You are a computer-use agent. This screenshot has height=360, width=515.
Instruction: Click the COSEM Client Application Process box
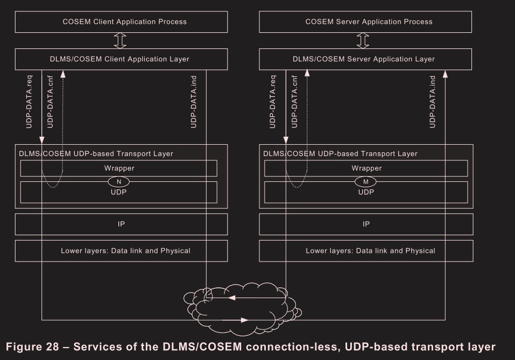121,22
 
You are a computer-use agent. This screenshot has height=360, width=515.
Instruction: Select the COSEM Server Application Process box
366,22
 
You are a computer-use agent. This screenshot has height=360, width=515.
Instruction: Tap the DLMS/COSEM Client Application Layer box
121,59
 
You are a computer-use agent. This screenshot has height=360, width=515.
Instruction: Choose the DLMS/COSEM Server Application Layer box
366,59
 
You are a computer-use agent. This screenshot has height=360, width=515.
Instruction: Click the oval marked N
119,182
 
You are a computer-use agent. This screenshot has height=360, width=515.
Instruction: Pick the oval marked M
365,182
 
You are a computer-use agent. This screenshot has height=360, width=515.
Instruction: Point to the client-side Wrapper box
119,168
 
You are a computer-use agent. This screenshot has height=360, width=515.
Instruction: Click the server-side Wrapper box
366,168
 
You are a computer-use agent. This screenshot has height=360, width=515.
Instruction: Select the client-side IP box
121,224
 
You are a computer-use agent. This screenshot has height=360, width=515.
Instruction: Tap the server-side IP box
366,224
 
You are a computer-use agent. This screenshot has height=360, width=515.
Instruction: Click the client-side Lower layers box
121,251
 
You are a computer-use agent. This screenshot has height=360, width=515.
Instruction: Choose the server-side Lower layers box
366,251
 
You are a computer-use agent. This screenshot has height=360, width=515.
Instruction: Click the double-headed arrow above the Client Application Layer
121,40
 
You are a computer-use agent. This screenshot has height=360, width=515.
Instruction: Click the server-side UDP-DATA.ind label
433,102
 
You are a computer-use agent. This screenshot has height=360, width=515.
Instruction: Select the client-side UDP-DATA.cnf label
51,102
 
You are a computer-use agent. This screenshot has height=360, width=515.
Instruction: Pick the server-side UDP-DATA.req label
273,102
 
